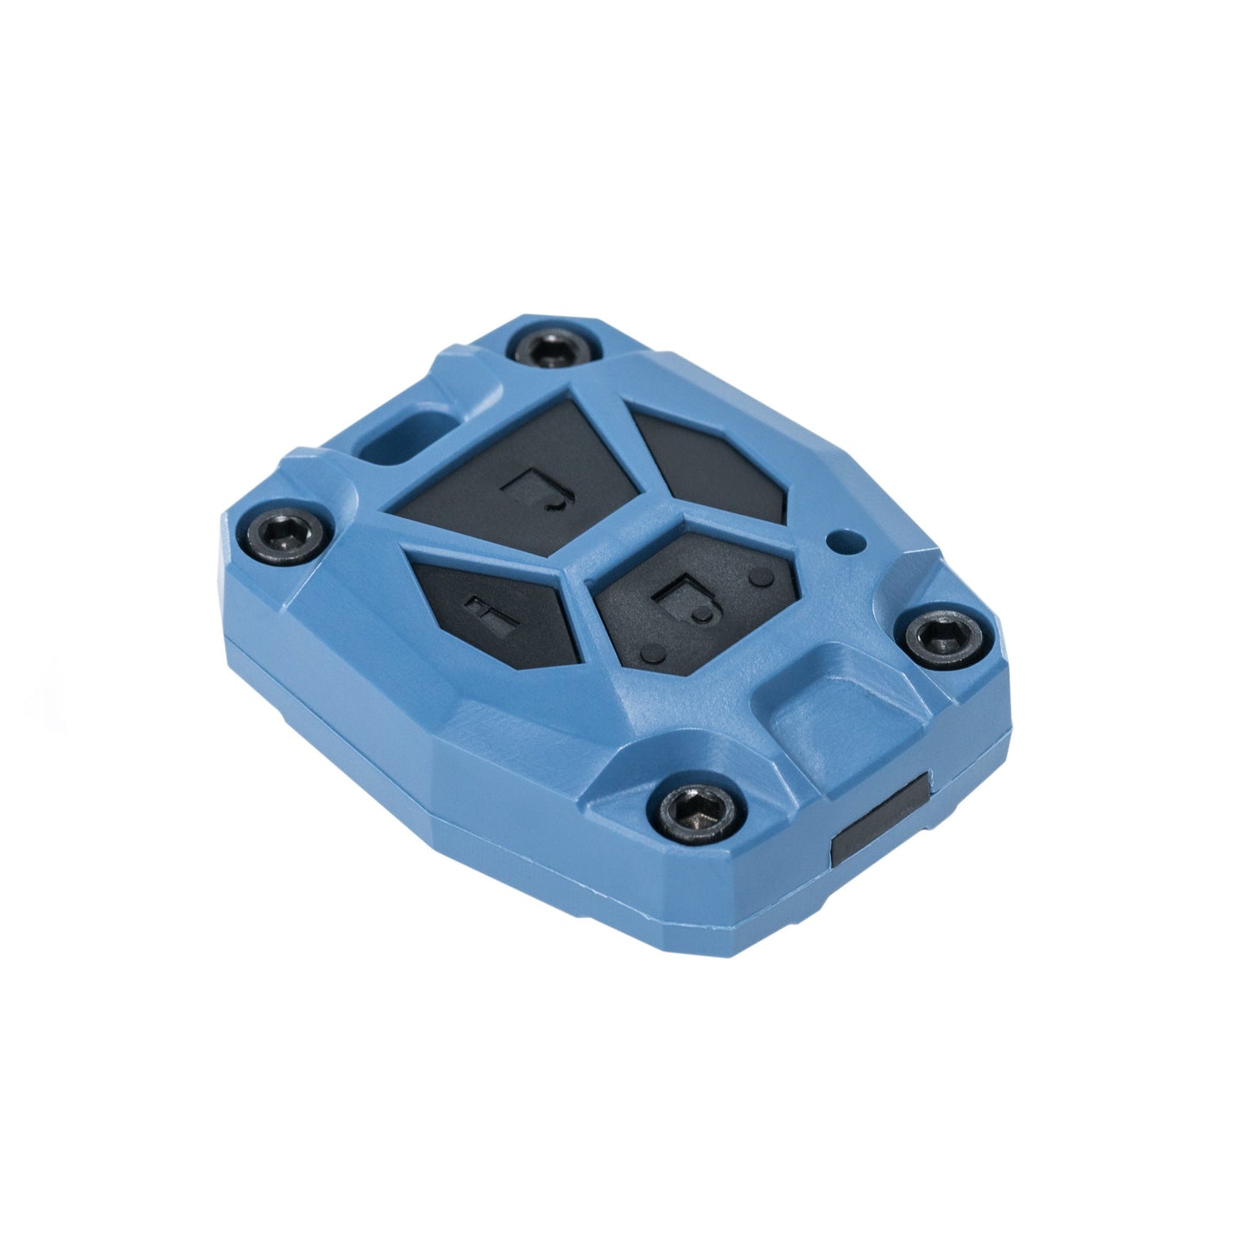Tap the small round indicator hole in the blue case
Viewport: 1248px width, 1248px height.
pyautogui.click(x=836, y=542)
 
